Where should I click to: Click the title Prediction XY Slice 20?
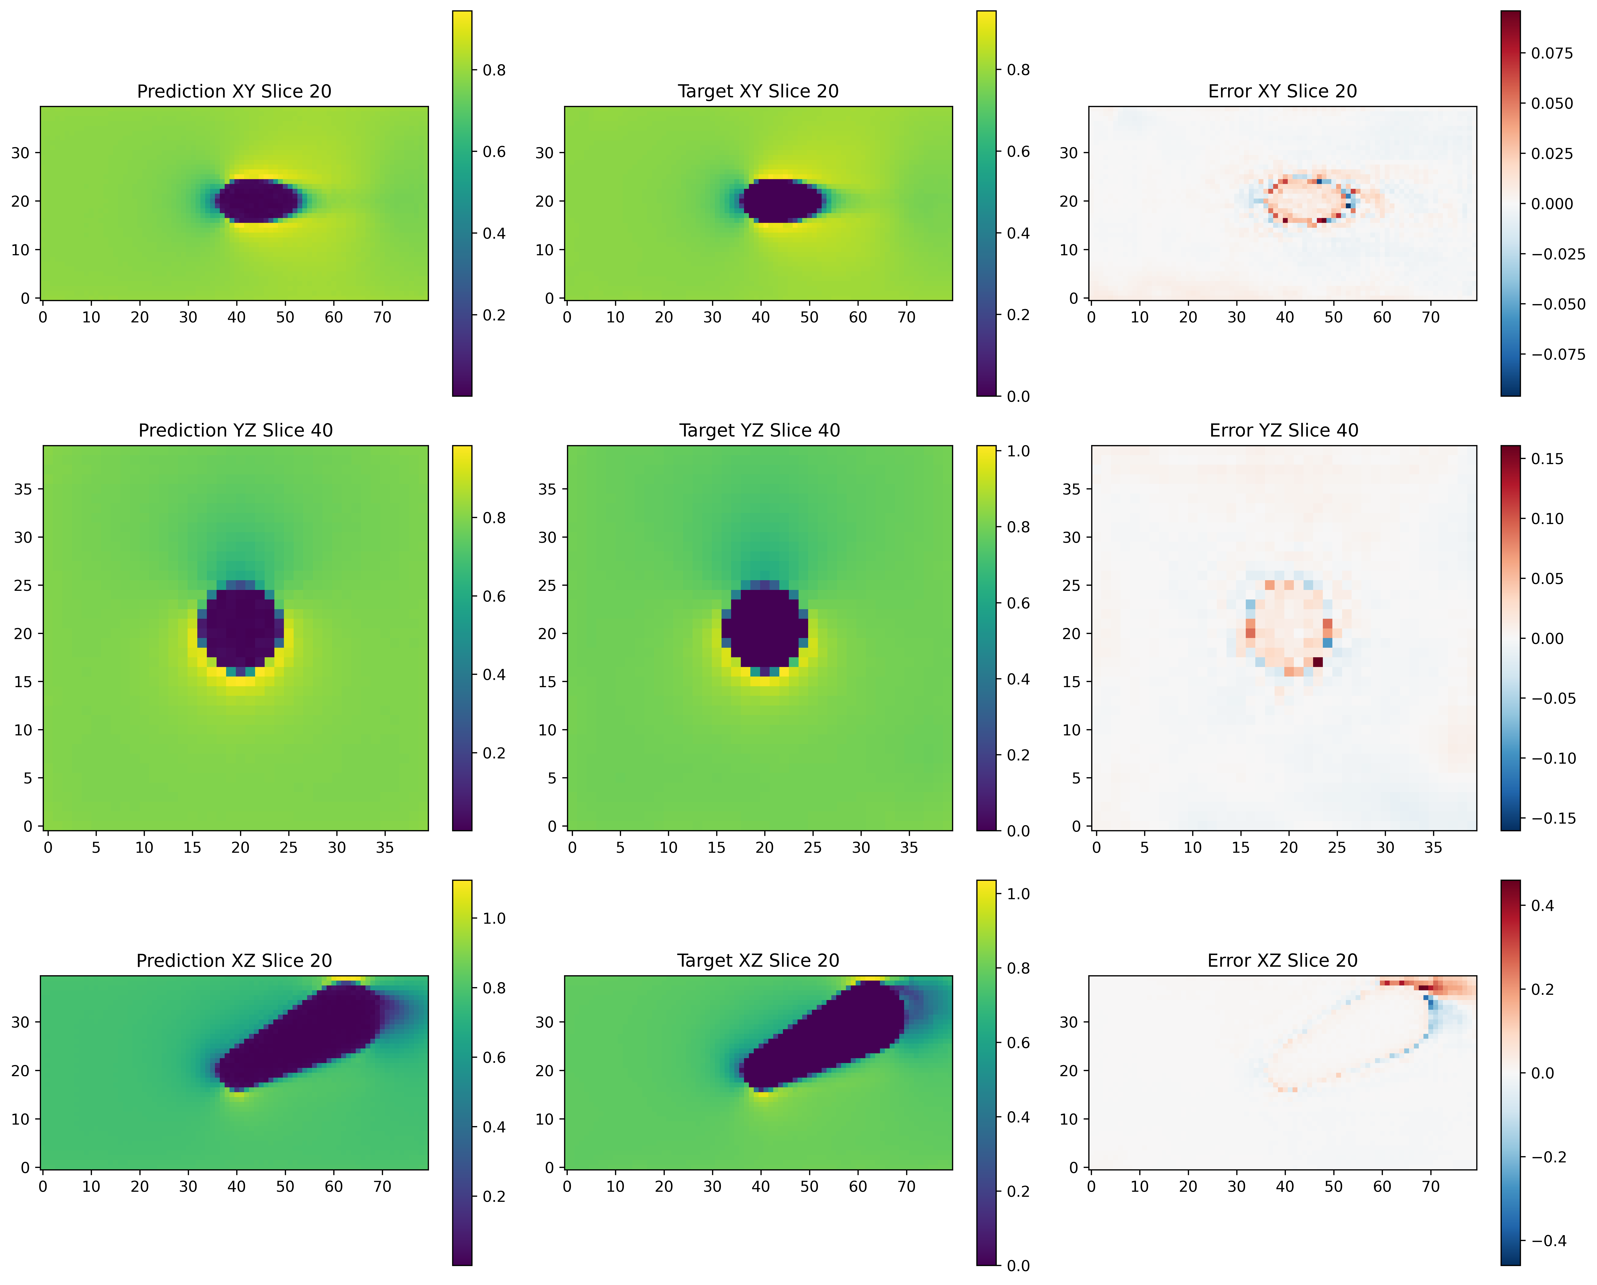[x=234, y=91]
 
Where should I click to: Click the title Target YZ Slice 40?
[x=759, y=430]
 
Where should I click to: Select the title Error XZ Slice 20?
[x=1282, y=961]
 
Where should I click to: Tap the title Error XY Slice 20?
[x=1282, y=91]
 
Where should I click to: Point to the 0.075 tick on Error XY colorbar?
[x=1552, y=53]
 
